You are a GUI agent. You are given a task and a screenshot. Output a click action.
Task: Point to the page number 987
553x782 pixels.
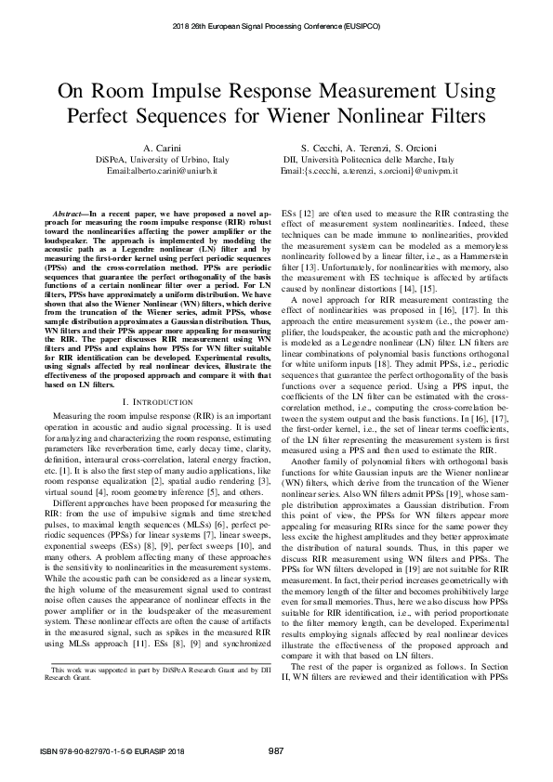pos(276,750)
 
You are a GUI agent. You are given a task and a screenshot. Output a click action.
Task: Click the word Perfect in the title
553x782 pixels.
pos(104,117)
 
